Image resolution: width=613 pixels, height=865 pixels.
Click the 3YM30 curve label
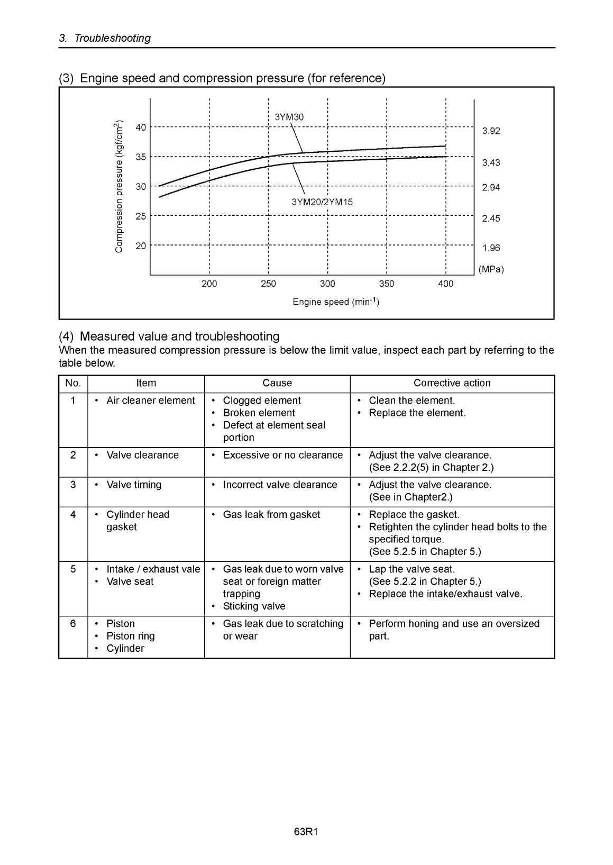(x=289, y=117)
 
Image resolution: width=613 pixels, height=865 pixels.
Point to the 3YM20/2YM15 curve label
(x=322, y=202)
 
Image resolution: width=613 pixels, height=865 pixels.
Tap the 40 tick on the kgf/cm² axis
(x=141, y=127)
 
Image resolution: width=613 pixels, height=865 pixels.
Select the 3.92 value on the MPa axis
(x=491, y=131)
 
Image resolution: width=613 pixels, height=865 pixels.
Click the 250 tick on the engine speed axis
(x=268, y=284)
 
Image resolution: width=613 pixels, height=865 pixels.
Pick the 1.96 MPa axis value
(x=491, y=248)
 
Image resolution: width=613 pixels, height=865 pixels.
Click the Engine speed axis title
(x=336, y=302)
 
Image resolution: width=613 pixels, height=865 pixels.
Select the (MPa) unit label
(x=491, y=270)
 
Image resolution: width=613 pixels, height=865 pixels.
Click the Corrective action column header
(x=452, y=383)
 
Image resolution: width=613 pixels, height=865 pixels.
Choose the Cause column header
(x=277, y=383)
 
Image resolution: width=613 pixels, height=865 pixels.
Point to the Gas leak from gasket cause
(x=271, y=515)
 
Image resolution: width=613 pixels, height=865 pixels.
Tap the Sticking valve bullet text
(x=254, y=606)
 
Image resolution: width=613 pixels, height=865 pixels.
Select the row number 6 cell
(x=73, y=624)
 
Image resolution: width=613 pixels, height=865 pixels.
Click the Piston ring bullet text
(x=131, y=636)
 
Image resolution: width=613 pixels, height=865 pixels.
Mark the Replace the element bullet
(x=417, y=413)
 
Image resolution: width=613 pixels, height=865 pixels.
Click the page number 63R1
(x=306, y=832)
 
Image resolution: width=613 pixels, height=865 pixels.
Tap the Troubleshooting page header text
(x=112, y=38)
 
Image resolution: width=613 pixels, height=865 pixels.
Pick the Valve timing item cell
(x=134, y=485)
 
